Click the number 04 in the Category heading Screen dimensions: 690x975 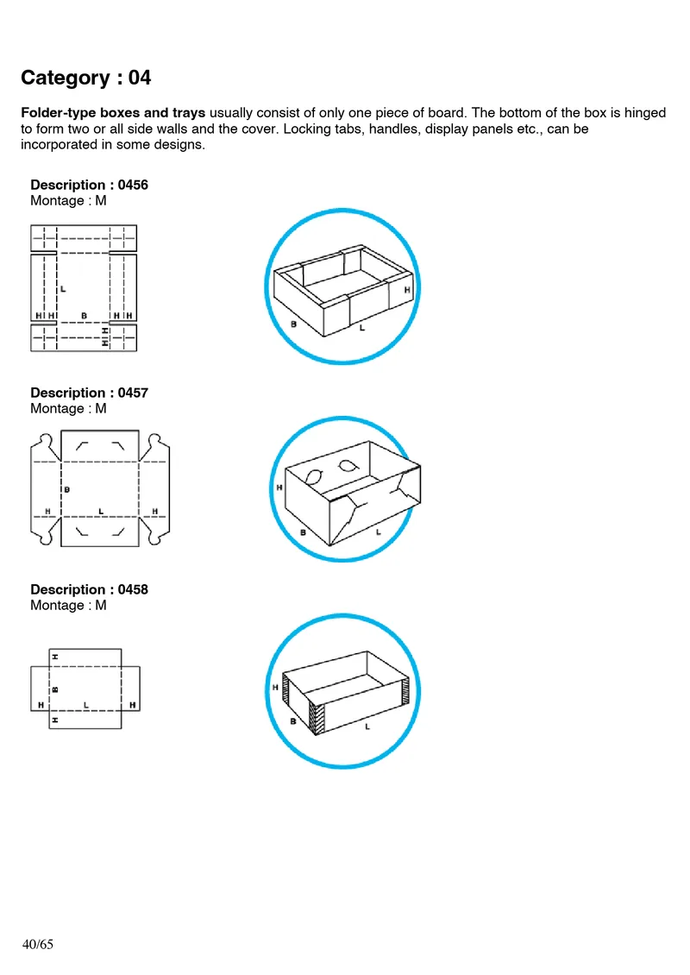click(x=139, y=78)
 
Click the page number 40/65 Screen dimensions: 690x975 click(x=38, y=944)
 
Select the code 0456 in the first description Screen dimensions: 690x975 click(x=133, y=185)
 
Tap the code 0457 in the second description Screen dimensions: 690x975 click(x=133, y=393)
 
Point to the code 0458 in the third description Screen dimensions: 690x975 click(x=133, y=589)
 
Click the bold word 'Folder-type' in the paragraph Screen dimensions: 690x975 click(x=59, y=113)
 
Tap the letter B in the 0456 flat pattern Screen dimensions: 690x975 click(x=84, y=316)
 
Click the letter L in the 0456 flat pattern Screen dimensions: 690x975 click(x=63, y=289)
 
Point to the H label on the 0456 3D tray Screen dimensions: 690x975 click(x=407, y=290)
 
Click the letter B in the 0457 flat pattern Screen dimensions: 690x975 click(x=67, y=489)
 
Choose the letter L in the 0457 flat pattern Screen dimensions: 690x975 click(x=101, y=511)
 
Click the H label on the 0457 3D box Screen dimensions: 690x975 click(x=279, y=487)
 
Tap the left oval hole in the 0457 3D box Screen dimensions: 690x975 click(x=315, y=477)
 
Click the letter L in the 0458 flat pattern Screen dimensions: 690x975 click(x=85, y=705)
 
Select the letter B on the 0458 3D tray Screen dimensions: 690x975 click(x=293, y=721)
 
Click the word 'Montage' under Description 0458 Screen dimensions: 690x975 click(x=57, y=606)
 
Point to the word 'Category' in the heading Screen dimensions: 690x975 click(x=66, y=79)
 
